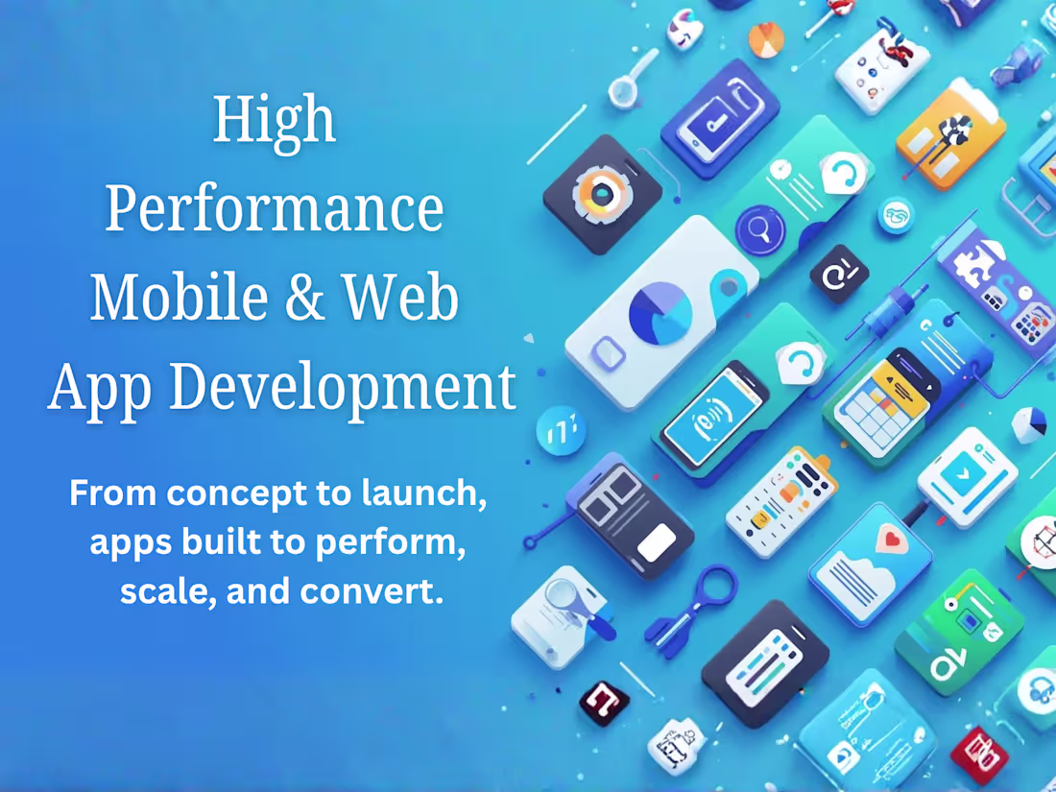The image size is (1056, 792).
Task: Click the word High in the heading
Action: tap(275, 121)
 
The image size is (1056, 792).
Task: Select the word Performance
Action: tap(275, 209)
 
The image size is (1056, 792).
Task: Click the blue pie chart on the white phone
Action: tap(660, 312)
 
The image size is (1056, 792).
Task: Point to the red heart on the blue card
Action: tap(893, 540)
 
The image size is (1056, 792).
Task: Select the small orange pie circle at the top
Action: tap(766, 39)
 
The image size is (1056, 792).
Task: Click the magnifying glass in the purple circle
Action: tap(759, 230)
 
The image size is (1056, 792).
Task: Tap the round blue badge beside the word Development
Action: tap(561, 431)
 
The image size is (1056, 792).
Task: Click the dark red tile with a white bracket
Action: tap(604, 701)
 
